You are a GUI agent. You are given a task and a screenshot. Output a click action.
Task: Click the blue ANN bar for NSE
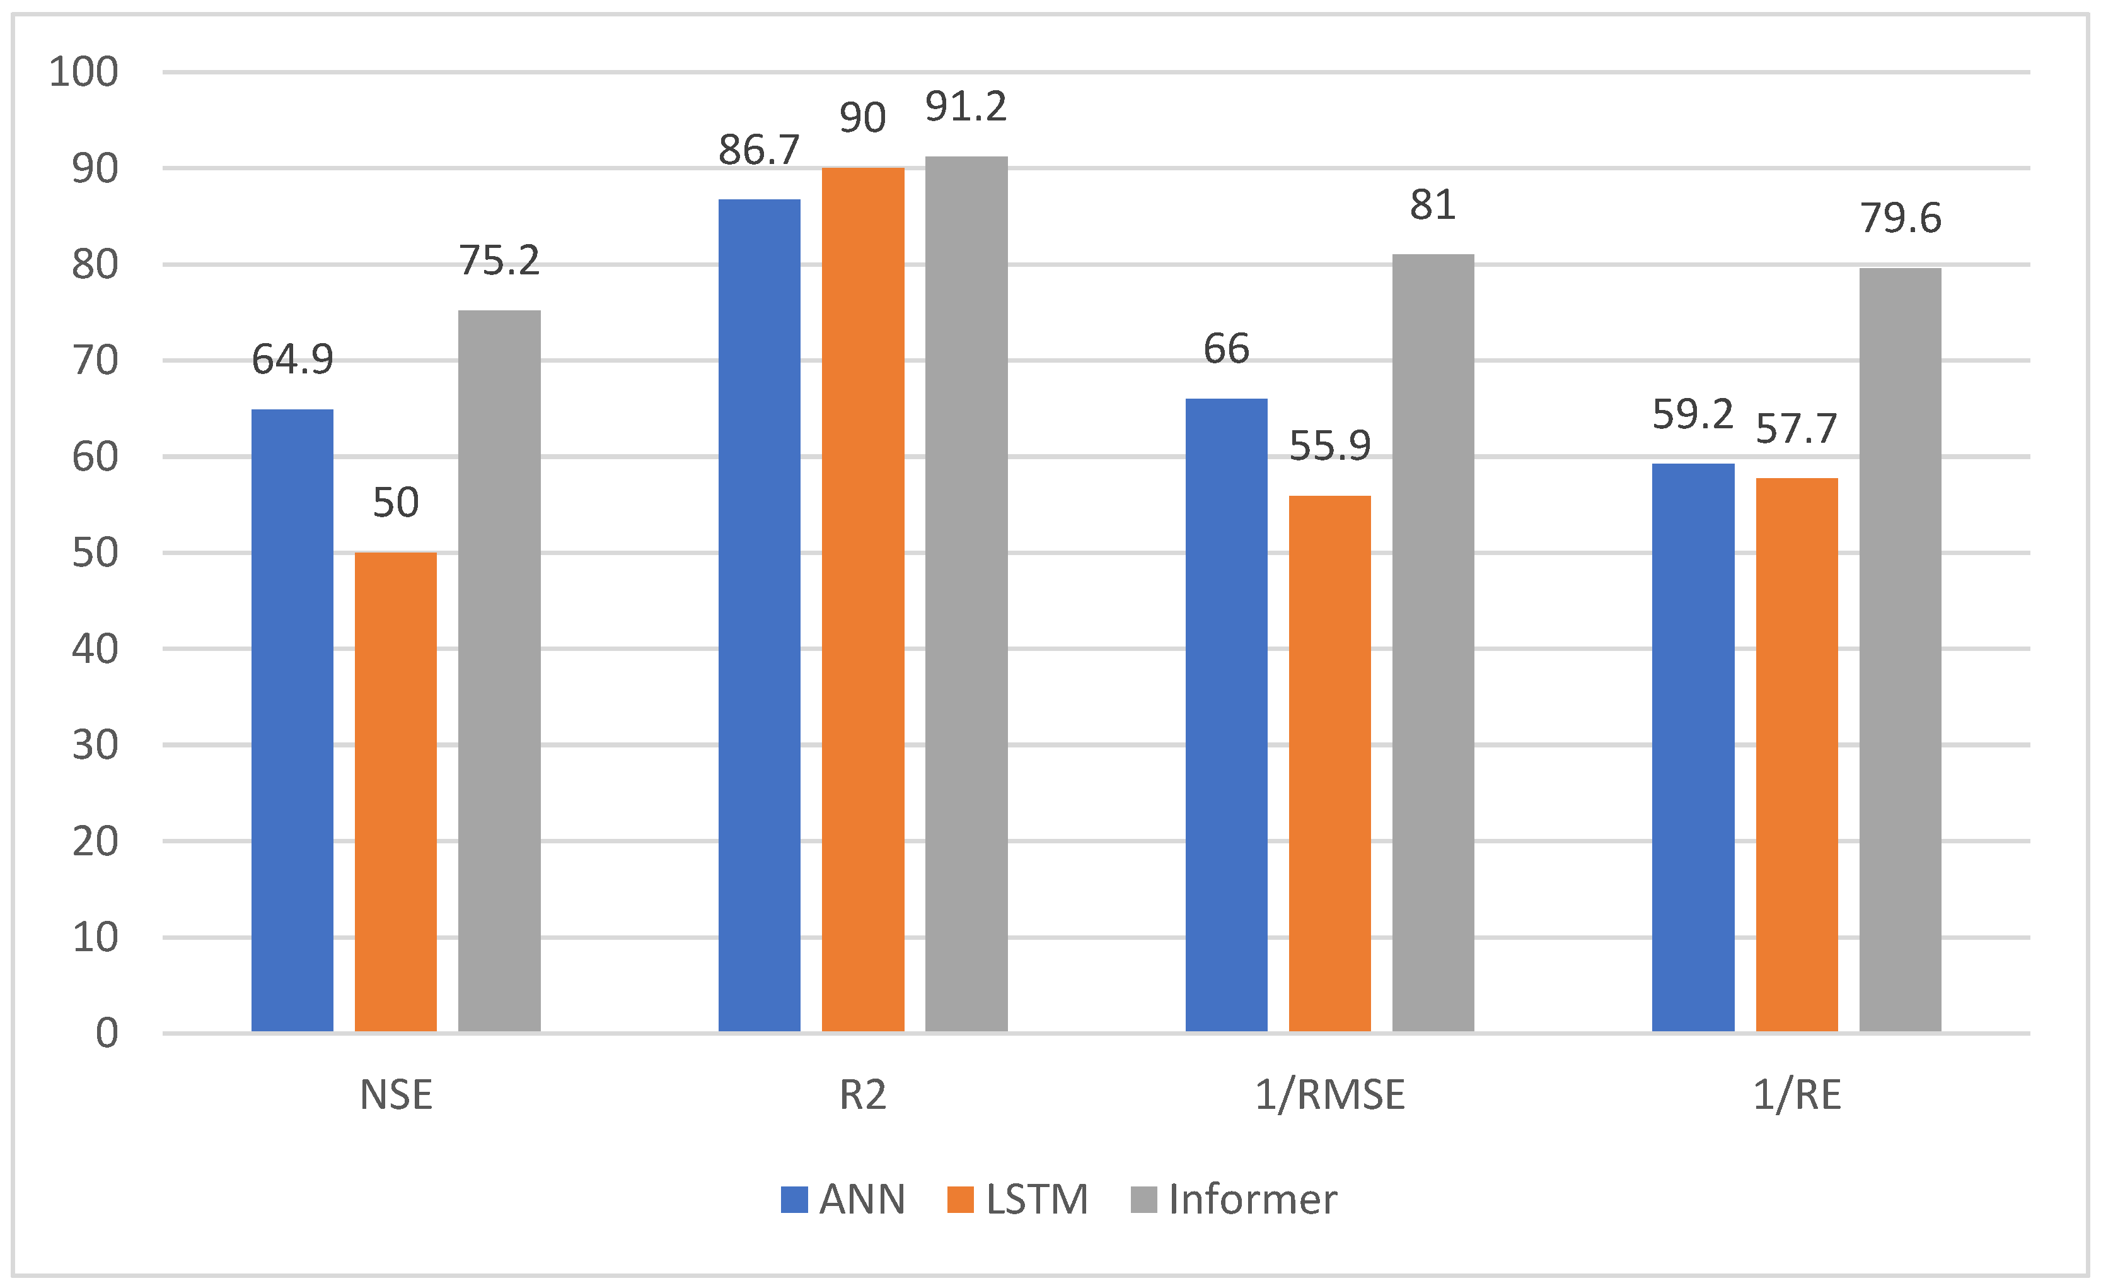pos(292,721)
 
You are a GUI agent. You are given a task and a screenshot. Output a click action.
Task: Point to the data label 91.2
pos(966,107)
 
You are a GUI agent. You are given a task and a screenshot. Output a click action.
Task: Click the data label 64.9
pos(292,359)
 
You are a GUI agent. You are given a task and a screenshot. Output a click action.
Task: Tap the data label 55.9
pos(1329,445)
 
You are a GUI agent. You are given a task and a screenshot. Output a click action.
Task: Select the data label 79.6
pos(1900,218)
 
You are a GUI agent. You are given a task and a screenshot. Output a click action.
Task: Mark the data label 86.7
pos(759,150)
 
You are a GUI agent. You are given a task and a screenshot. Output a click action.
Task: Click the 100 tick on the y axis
pos(84,72)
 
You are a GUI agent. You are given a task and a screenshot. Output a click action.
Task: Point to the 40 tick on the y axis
pos(95,649)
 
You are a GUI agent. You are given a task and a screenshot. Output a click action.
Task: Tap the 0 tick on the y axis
pos(107,1033)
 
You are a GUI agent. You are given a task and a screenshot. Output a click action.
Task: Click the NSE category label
pos(396,1095)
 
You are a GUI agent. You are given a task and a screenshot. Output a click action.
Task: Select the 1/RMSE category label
pos(1329,1095)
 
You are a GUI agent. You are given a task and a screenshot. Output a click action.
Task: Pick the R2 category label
pos(862,1095)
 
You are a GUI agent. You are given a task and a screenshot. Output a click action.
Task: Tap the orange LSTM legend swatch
pos(960,1199)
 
